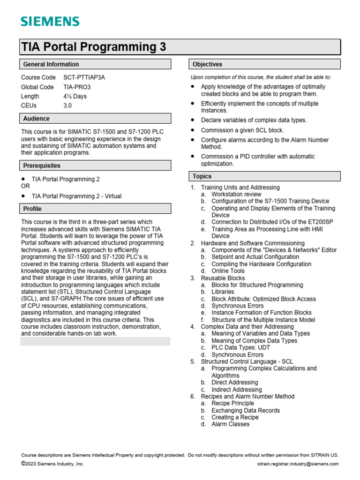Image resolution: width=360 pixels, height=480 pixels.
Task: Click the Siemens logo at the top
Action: pyautogui.click(x=50, y=22)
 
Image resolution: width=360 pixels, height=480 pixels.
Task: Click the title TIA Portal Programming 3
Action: pyautogui.click(x=94, y=47)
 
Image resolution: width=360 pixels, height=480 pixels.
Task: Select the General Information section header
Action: pyautogui.click(x=51, y=64)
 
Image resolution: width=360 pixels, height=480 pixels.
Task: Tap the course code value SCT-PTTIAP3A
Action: pyautogui.click(x=84, y=77)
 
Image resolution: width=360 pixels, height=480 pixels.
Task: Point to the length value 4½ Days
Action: pyautogui.click(x=75, y=96)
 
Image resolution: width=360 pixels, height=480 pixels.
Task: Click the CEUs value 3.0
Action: pyautogui.click(x=67, y=105)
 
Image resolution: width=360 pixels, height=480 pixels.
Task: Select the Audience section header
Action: pyautogui.click(x=37, y=119)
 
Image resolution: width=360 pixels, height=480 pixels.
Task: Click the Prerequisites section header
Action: pyautogui.click(x=42, y=165)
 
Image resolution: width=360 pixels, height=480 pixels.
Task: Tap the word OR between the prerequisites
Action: pyautogui.click(x=25, y=186)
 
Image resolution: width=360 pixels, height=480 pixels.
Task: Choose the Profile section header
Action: pyautogui.click(x=32, y=209)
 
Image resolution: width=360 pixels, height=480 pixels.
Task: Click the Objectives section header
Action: pyautogui.click(x=207, y=64)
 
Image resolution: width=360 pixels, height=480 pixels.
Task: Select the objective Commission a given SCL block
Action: pyautogui.click(x=242, y=130)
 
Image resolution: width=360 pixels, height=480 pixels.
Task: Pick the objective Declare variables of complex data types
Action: pyautogui.click(x=254, y=120)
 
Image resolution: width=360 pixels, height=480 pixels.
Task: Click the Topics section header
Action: pyautogui.click(x=202, y=176)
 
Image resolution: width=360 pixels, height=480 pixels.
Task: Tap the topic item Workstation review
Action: pyautogui.click(x=236, y=194)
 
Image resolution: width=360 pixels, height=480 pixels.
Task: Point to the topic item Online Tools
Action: pyautogui.click(x=228, y=271)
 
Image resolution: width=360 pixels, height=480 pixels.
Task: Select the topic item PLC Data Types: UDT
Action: pyautogui.click(x=240, y=347)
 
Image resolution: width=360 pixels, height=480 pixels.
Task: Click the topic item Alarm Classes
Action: pyautogui.click(x=230, y=424)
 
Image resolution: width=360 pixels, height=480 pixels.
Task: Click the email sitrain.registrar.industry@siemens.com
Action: pyautogui.click(x=298, y=464)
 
